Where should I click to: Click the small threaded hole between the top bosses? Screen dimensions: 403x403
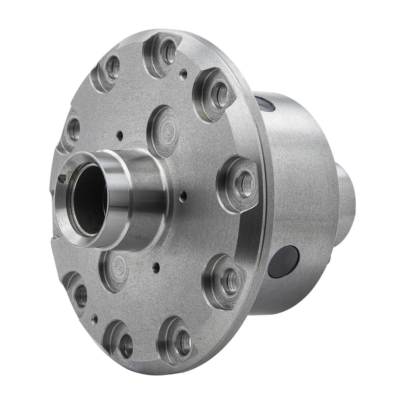183,74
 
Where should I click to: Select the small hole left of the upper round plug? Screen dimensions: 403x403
120,135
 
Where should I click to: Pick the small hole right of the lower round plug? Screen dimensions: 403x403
156,267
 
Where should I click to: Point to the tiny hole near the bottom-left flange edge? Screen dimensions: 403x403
95,319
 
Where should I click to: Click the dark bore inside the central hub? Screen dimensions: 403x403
88,200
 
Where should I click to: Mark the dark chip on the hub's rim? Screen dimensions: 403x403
62,179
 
